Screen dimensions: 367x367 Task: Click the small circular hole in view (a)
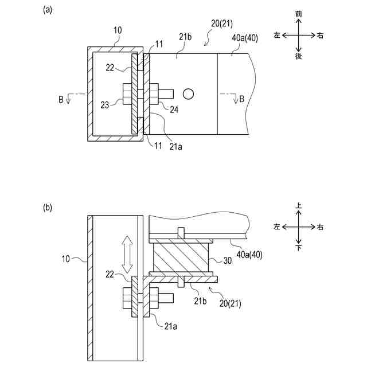click(188, 94)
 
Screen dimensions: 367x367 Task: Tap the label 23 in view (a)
click(104, 105)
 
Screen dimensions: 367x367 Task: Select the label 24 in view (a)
click(174, 110)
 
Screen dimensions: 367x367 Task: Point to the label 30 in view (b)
click(227, 260)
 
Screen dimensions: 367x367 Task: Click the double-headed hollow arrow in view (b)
click(127, 255)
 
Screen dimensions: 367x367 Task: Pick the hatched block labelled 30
click(181, 257)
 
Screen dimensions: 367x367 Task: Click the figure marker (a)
click(47, 10)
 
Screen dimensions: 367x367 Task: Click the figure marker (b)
click(47, 208)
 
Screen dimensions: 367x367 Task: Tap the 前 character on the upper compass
click(298, 14)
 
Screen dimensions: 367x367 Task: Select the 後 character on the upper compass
click(298, 56)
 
